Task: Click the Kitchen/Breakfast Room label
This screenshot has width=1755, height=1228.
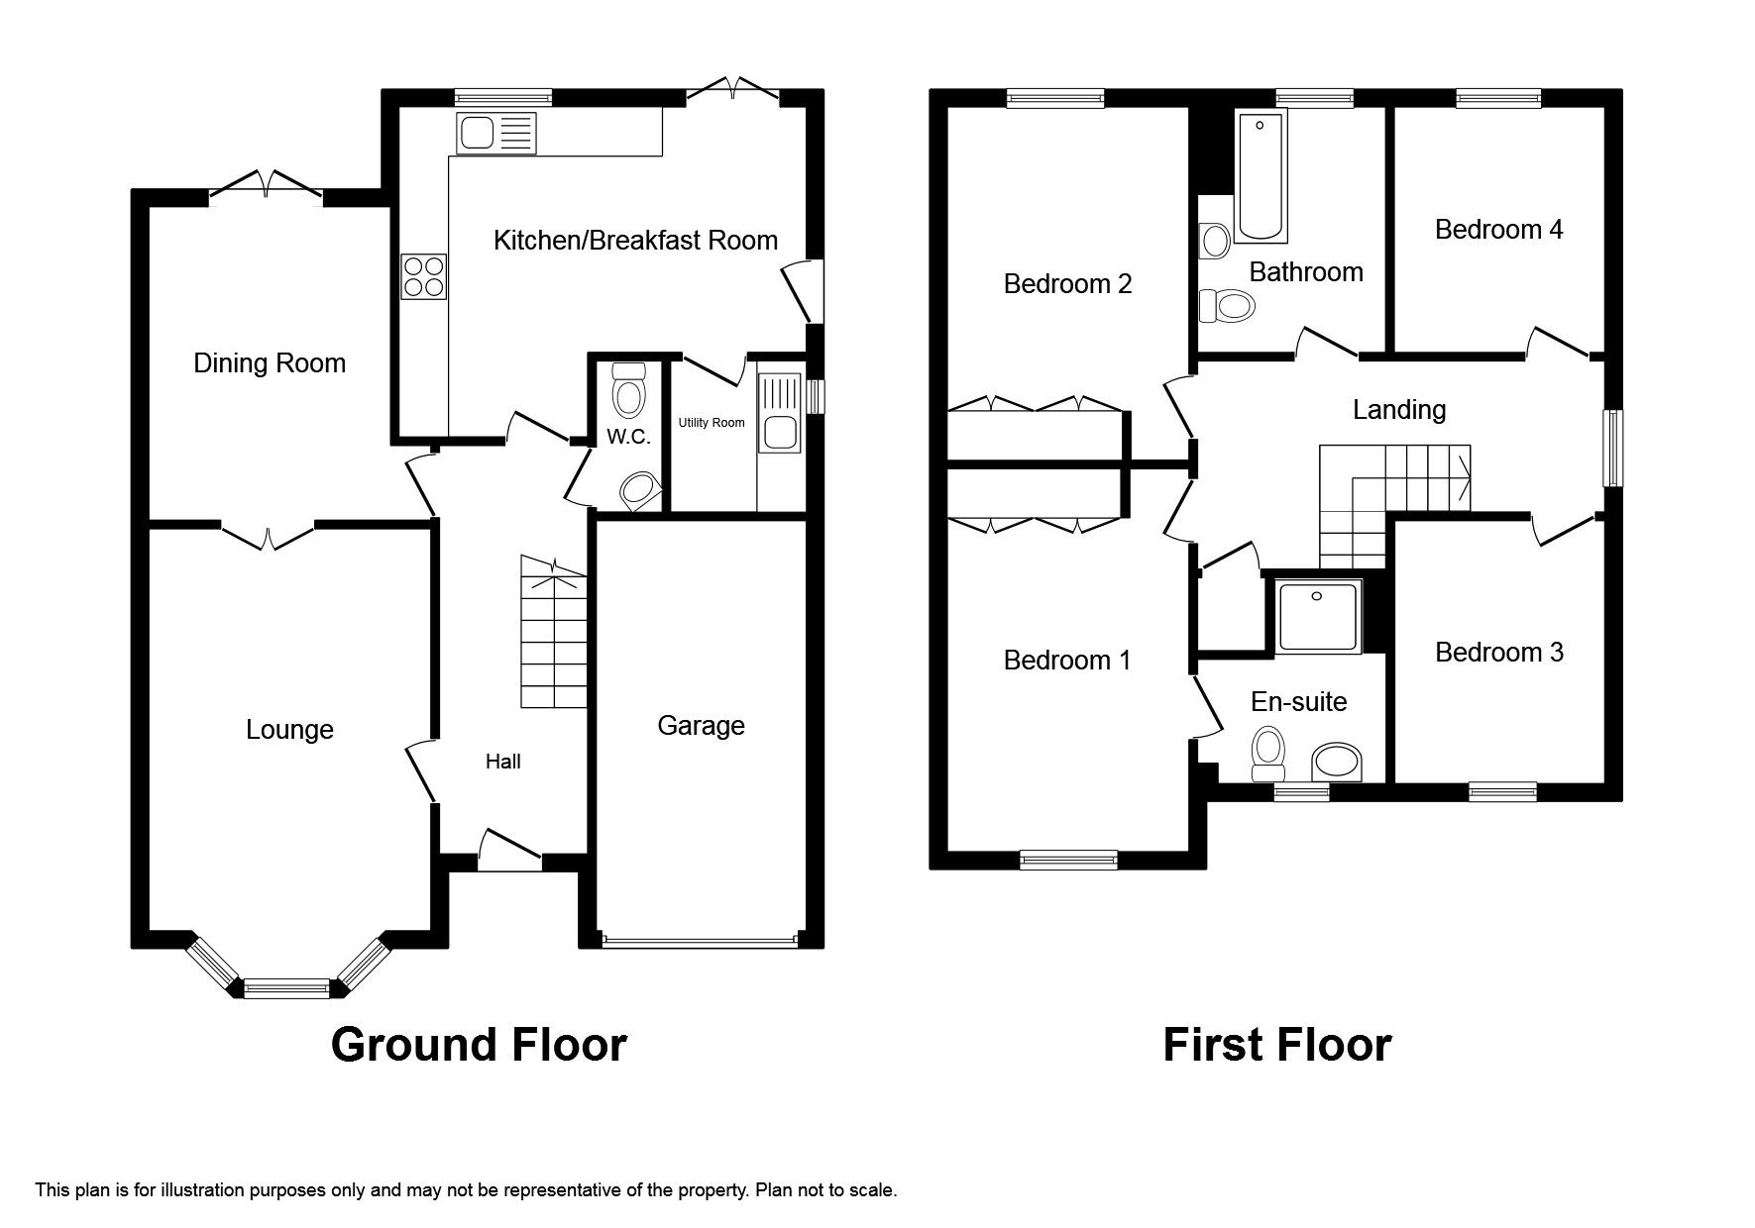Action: click(635, 241)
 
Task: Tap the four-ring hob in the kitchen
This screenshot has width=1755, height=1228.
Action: click(423, 276)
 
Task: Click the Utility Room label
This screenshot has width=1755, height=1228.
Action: click(711, 423)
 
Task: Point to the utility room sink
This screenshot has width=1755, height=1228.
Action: click(778, 434)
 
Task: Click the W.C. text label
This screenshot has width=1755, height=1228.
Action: click(628, 437)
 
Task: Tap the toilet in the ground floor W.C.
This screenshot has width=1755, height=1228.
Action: click(628, 392)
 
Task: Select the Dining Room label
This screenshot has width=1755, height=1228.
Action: click(270, 363)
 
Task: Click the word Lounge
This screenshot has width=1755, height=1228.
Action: click(289, 730)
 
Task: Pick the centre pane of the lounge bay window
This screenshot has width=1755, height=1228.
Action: click(286, 987)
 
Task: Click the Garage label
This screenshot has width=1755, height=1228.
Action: click(701, 726)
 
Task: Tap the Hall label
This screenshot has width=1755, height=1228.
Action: click(502, 762)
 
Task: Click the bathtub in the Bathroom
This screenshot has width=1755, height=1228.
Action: click(1261, 176)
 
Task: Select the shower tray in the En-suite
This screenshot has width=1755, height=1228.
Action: click(1318, 615)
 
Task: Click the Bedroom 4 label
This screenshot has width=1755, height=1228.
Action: click(1498, 230)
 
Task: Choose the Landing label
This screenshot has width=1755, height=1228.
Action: click(1398, 410)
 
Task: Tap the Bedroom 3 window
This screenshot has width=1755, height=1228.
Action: click(1502, 791)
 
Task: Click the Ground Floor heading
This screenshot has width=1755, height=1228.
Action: click(479, 1045)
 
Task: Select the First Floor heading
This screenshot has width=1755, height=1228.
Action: click(1276, 1045)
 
